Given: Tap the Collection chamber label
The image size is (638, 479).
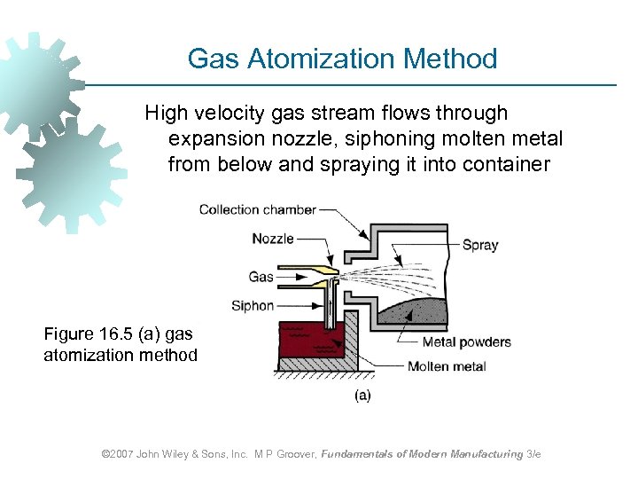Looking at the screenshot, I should tap(257, 210).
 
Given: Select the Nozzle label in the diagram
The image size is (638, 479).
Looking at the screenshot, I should tap(272, 239).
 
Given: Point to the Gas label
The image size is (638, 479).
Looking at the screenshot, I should tap(261, 277).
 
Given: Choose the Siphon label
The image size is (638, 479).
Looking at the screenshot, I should tap(253, 306).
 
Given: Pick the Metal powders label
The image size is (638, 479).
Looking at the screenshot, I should tap(467, 342).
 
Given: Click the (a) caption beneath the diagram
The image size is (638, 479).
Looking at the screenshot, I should tap(362, 396).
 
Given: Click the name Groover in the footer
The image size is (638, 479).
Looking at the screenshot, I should tap(289, 454).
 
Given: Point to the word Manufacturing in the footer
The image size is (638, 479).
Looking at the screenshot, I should tap(478, 454).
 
